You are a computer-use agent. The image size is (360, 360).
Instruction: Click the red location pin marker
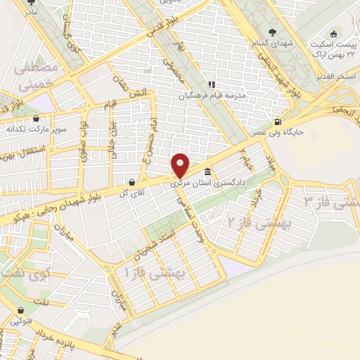[x=181, y=165]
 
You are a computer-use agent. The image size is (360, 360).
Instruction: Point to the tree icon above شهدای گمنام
[x=272, y=32]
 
